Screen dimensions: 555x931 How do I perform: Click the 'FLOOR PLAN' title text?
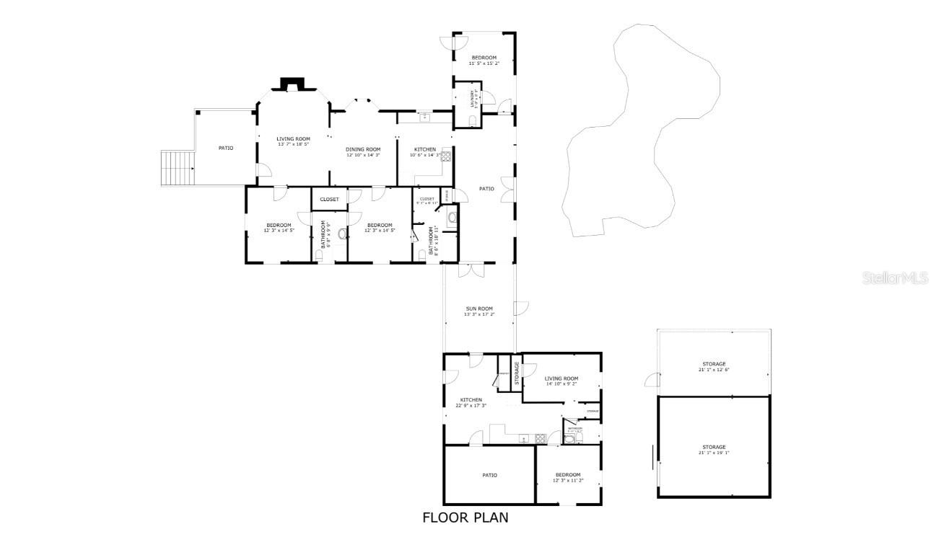[x=465, y=518]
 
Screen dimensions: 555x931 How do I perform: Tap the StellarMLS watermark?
[x=894, y=278]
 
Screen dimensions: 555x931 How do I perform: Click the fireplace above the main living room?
[x=292, y=84]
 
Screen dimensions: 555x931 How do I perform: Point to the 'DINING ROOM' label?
[x=363, y=149]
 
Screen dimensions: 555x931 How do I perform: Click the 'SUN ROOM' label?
[x=479, y=308]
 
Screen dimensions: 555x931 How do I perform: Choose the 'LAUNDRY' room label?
[x=474, y=97]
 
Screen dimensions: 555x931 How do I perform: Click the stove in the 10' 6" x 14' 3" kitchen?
[x=446, y=155]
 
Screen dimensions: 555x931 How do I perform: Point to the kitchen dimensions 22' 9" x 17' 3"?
[x=471, y=406]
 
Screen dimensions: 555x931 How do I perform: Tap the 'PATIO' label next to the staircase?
[x=226, y=148]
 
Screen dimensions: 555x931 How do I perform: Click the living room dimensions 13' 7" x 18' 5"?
[x=293, y=144]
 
